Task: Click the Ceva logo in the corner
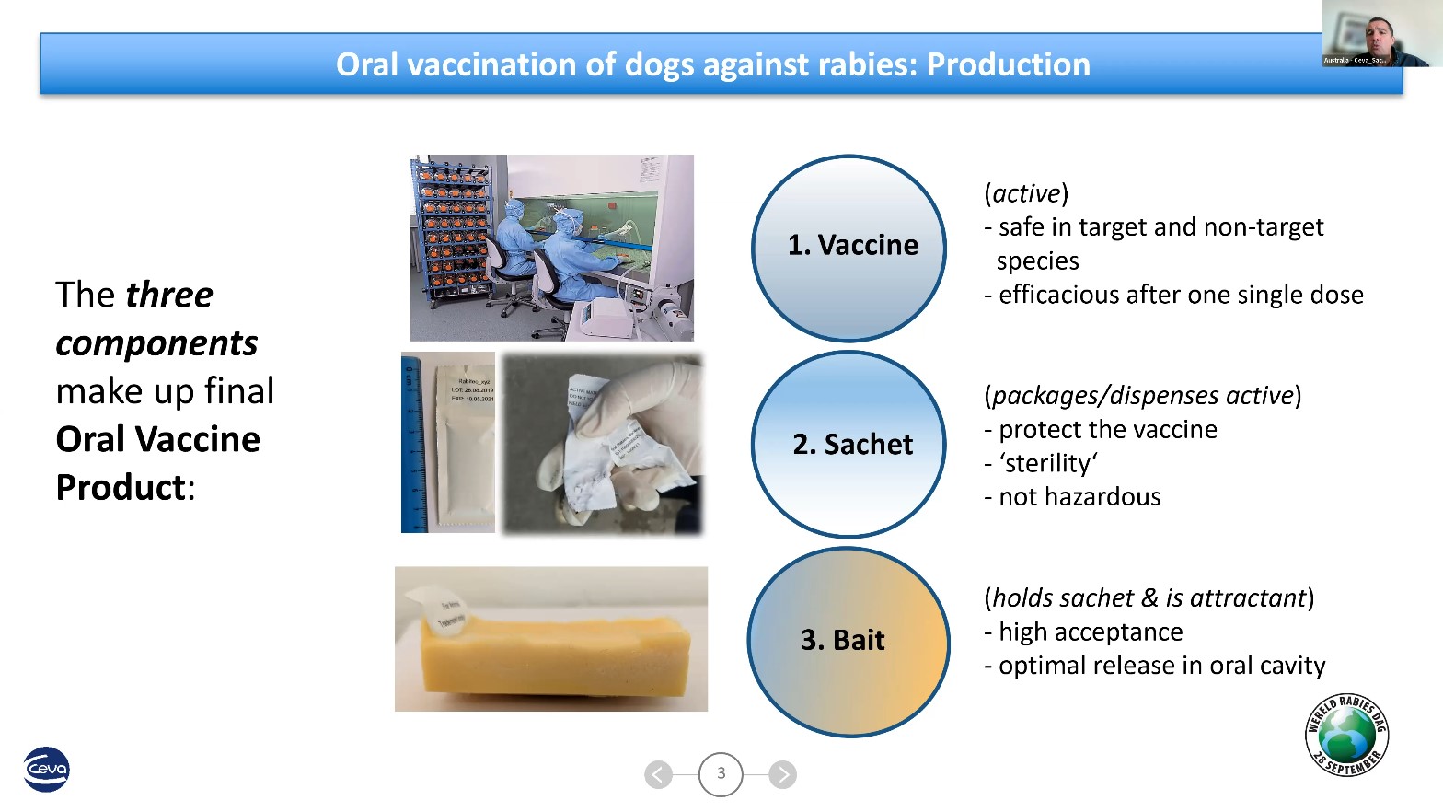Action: pyautogui.click(x=46, y=769)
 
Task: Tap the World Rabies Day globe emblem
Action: pyautogui.click(x=1346, y=735)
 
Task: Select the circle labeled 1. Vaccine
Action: pyautogui.click(x=848, y=248)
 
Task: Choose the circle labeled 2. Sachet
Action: pyautogui.click(x=848, y=445)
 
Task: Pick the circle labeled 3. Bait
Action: pyautogui.click(x=848, y=642)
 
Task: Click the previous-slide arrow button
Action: pyautogui.click(x=658, y=774)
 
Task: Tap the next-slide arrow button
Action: pyautogui.click(x=782, y=774)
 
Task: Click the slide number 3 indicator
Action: pyautogui.click(x=721, y=774)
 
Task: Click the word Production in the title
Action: pyautogui.click(x=1008, y=64)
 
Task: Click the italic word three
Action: pyautogui.click(x=169, y=295)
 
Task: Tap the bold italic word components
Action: pyautogui.click(x=156, y=343)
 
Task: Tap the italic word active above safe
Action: pyautogui.click(x=1026, y=193)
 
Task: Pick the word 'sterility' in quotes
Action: pyautogui.click(x=1048, y=463)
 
